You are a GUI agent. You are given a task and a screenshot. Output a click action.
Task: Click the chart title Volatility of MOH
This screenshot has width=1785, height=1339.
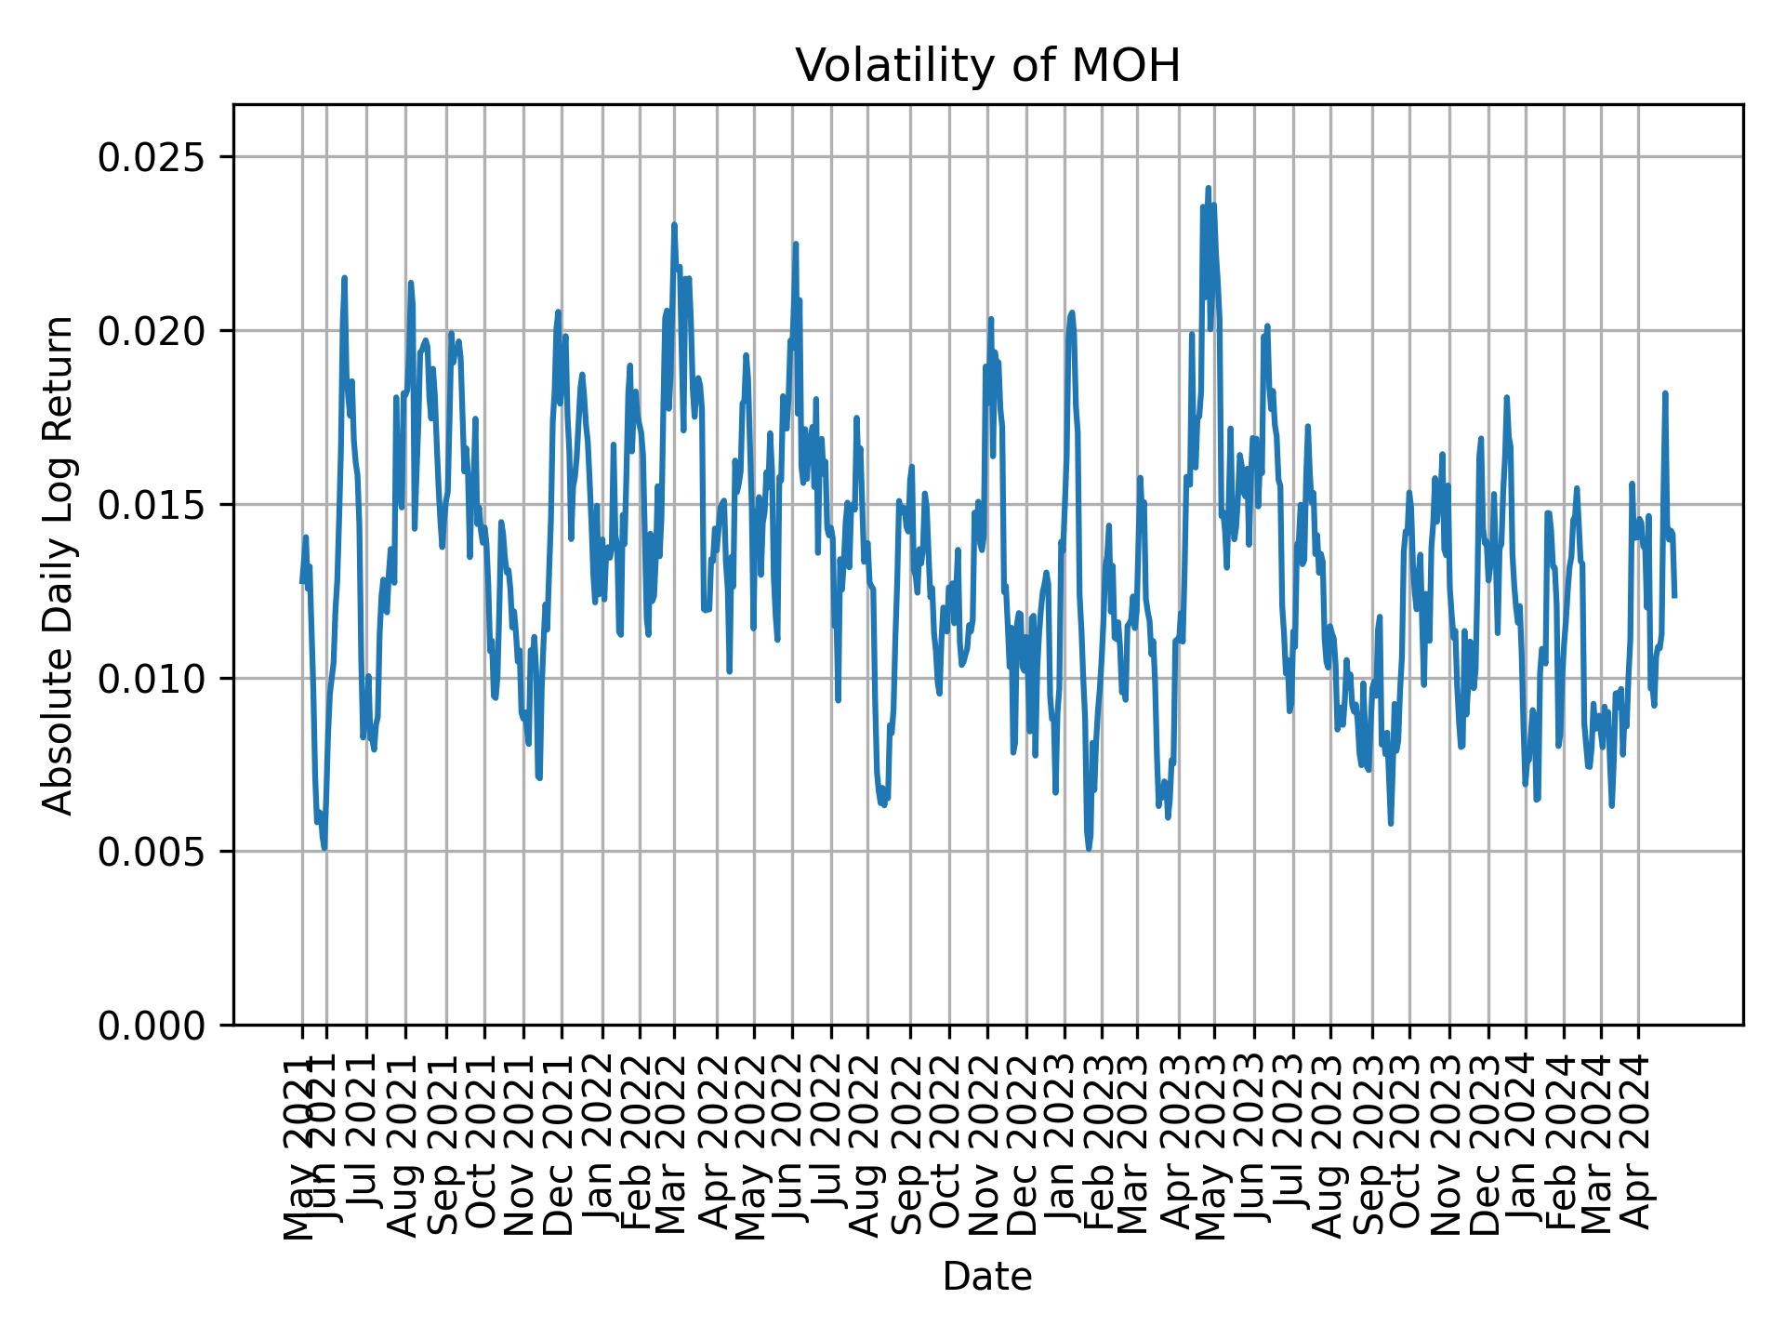tap(987, 66)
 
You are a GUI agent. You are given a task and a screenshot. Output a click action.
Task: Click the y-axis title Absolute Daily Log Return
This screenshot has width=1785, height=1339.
tap(59, 564)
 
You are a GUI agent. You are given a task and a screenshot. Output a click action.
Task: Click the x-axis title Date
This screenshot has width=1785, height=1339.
tap(987, 1277)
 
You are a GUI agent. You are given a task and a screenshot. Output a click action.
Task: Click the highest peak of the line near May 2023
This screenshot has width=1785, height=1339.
tap(1208, 188)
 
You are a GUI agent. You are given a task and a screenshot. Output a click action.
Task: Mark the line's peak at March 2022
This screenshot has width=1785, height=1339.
tap(674, 224)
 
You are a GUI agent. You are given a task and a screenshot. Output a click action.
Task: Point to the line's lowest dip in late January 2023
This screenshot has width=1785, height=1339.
tap(1089, 848)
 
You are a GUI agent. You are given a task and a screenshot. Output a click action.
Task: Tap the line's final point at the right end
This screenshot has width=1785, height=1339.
tap(1674, 596)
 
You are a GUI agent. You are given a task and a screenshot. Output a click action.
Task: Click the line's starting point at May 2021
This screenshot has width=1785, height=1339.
tap(301, 582)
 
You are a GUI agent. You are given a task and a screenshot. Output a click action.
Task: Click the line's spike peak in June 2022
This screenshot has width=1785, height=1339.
tap(795, 244)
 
